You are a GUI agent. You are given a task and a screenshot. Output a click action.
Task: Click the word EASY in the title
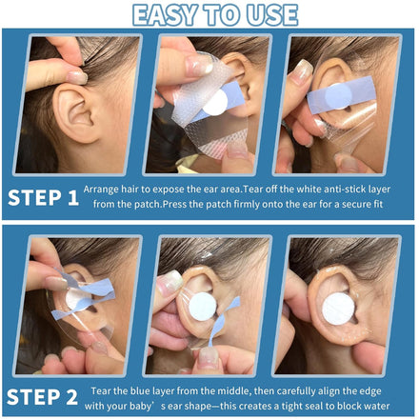(164, 15)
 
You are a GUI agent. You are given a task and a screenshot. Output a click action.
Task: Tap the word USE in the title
(272, 15)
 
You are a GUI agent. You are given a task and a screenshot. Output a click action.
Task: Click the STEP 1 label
(43, 197)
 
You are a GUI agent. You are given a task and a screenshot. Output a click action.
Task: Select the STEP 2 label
(42, 397)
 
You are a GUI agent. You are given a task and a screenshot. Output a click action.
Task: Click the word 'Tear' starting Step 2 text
(100, 391)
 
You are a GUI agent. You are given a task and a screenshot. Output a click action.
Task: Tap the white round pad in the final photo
(337, 309)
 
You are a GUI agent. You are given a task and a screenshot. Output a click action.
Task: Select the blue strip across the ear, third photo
(342, 94)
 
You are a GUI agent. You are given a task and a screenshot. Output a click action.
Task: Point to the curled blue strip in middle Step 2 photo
(223, 321)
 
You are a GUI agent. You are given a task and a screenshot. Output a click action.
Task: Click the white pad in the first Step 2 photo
(77, 300)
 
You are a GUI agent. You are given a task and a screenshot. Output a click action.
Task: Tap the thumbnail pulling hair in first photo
(76, 77)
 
